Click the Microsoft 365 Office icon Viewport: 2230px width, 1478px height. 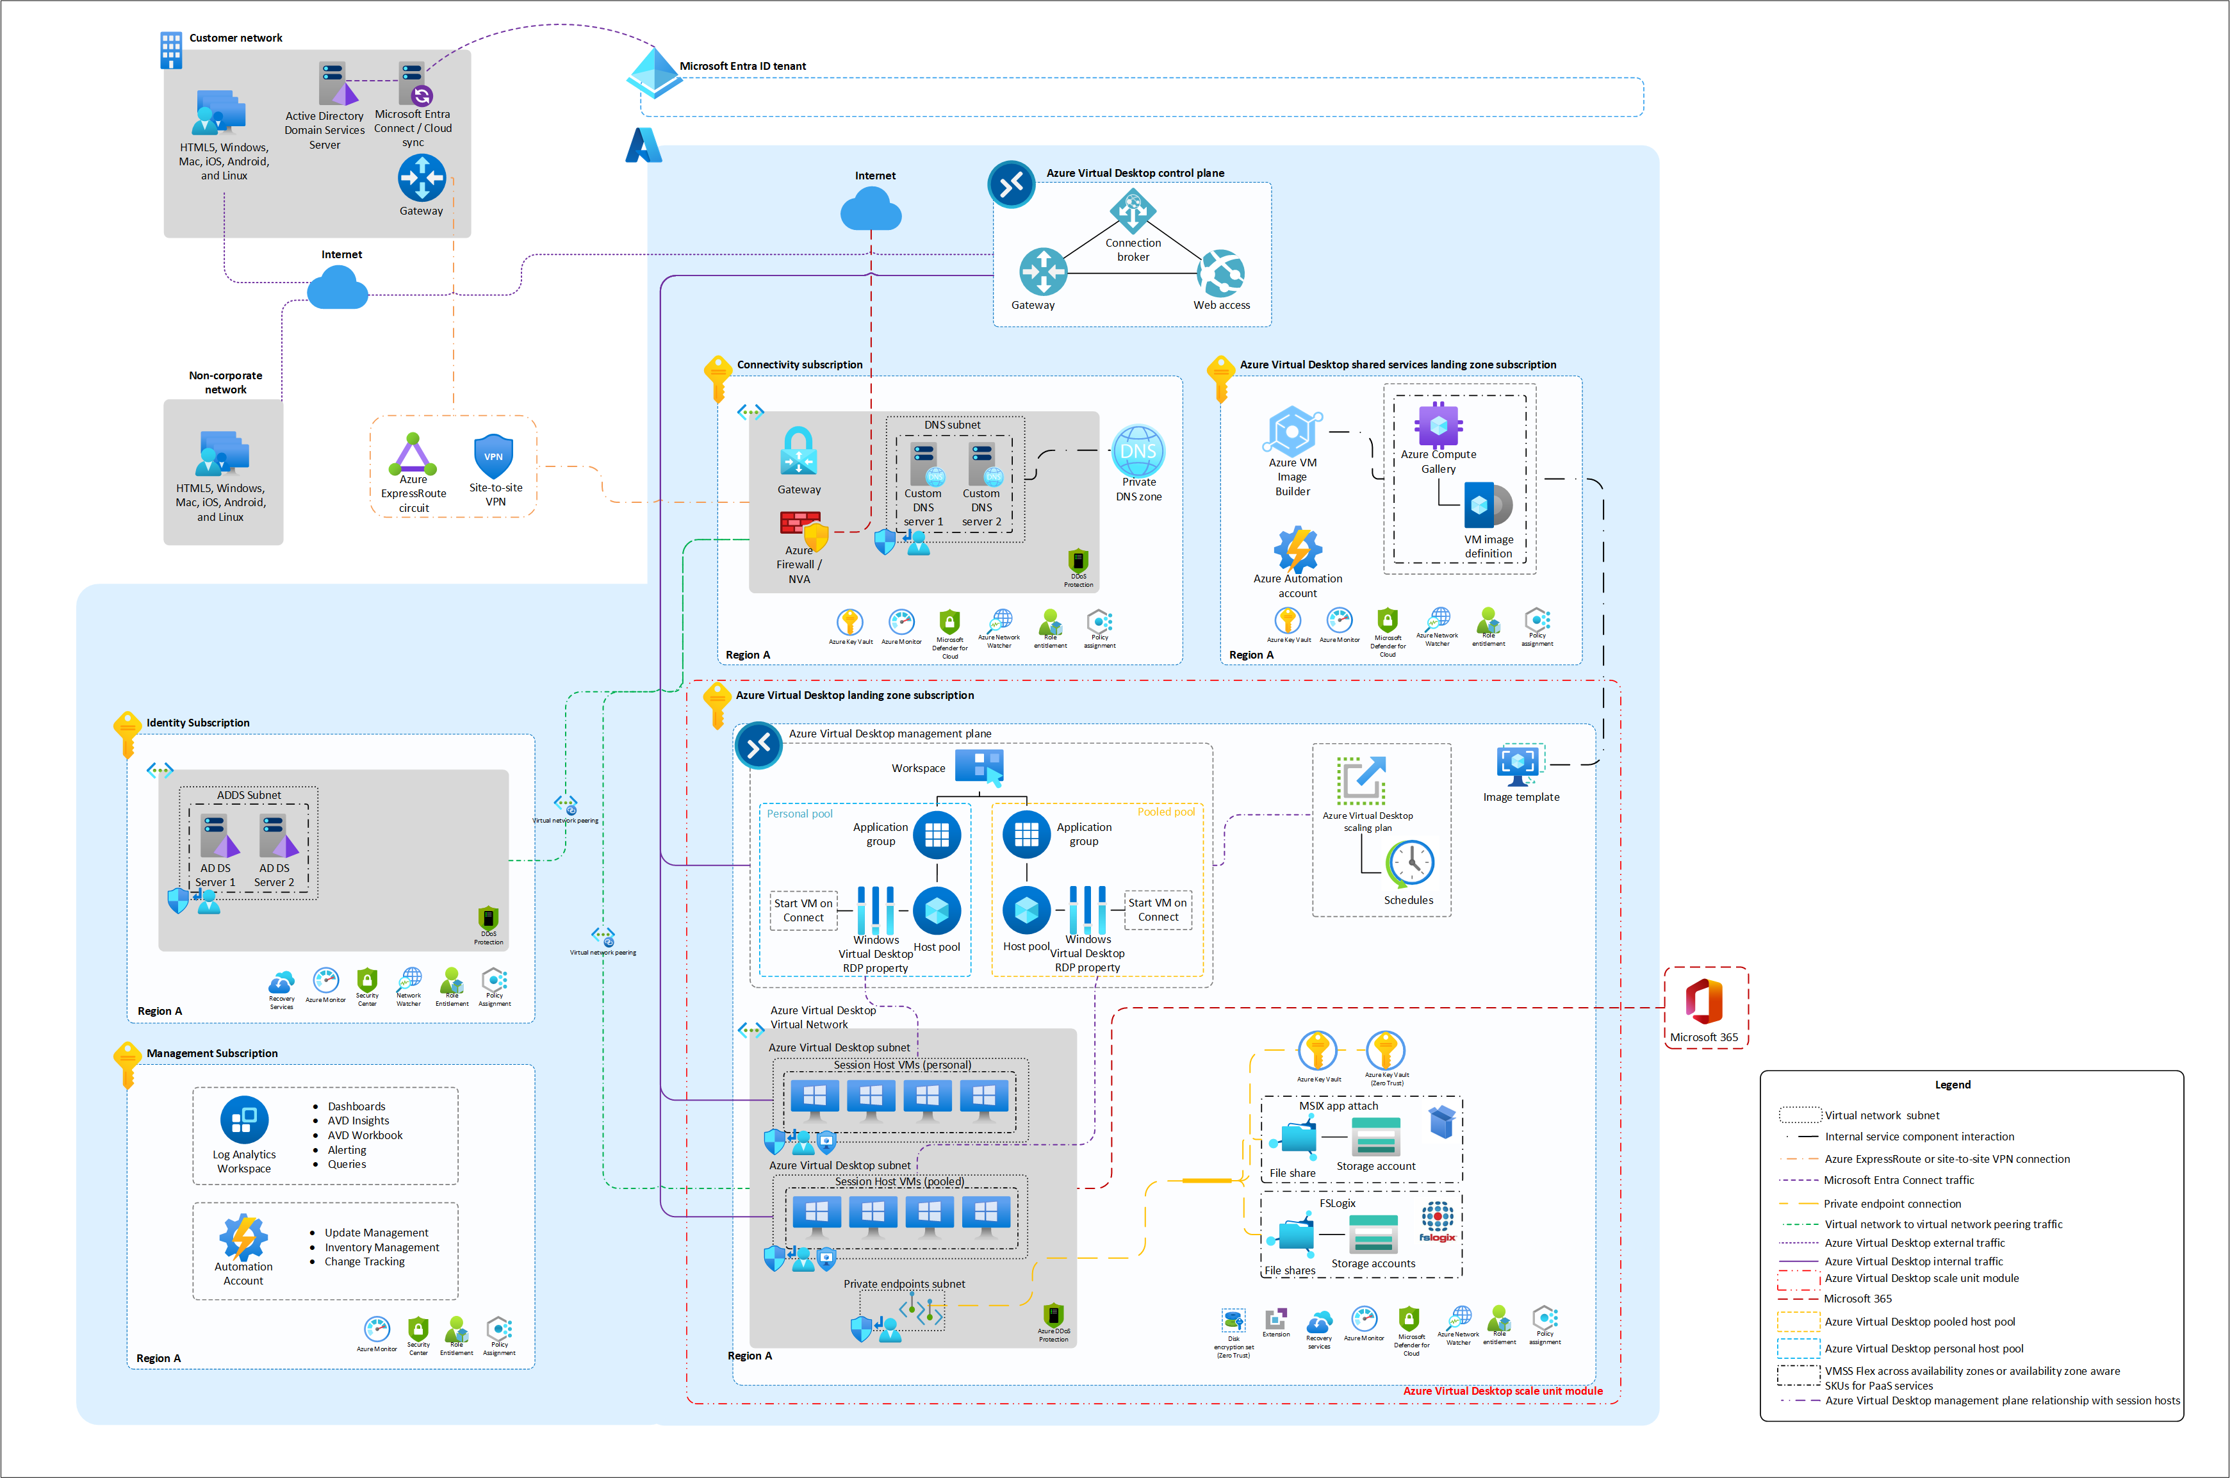click(x=1704, y=1001)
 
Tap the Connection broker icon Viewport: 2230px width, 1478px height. click(x=1132, y=211)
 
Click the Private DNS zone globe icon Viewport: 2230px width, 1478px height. click(x=1138, y=452)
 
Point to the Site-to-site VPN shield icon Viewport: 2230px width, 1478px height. click(x=494, y=456)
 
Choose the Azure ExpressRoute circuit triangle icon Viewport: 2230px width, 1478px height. click(x=413, y=454)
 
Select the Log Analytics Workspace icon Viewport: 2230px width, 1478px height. click(x=244, y=1120)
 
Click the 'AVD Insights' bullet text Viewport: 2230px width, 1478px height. click(x=358, y=1121)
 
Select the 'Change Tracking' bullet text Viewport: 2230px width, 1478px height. click(x=365, y=1261)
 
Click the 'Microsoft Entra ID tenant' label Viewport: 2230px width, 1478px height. click(x=742, y=66)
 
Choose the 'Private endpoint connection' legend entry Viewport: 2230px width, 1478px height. click(x=1892, y=1204)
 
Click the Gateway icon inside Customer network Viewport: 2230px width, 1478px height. click(x=422, y=177)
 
